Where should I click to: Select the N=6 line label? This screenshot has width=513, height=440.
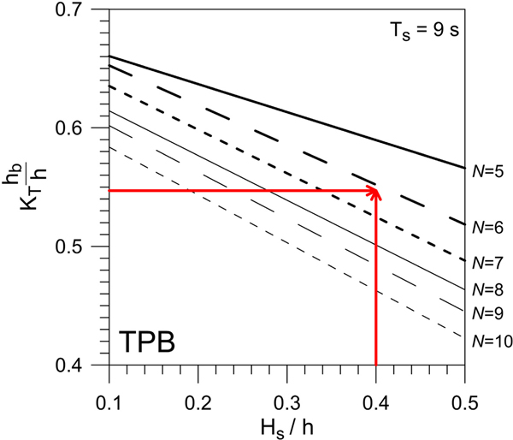487,228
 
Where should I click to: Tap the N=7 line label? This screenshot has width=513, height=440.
487,262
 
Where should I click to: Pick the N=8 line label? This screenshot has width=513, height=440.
487,290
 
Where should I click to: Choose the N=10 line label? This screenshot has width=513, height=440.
491,341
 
